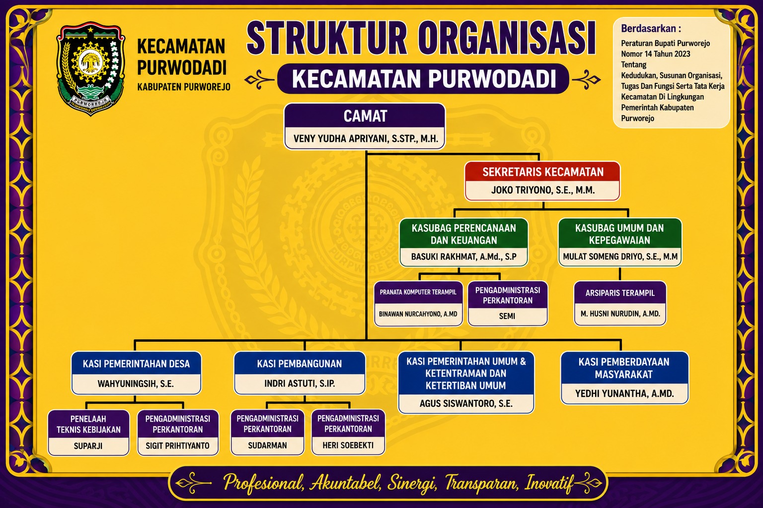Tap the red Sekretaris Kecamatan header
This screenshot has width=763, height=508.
tap(542, 172)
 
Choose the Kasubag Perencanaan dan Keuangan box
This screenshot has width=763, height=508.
tap(464, 242)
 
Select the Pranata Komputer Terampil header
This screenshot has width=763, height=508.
tap(418, 292)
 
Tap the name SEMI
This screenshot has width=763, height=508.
tap(507, 317)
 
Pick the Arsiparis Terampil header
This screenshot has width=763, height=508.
tap(620, 293)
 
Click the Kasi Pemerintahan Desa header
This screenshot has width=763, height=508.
tap(136, 364)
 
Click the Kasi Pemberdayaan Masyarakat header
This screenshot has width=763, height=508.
tap(624, 368)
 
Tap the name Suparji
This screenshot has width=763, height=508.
tap(88, 445)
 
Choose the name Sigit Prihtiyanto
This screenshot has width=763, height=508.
tap(178, 445)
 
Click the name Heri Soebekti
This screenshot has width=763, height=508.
tap(348, 445)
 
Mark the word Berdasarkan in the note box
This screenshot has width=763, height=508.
tap(649, 29)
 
